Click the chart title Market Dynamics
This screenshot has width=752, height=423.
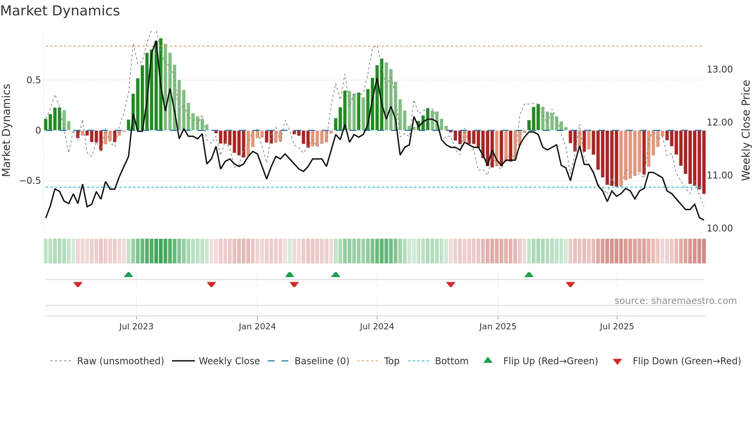(60, 11)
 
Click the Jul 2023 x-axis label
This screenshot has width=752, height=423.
(136, 327)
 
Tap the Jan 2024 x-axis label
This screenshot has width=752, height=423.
(257, 327)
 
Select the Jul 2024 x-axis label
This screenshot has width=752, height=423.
(377, 327)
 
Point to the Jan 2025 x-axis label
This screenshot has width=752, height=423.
(498, 327)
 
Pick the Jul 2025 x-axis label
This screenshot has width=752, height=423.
(617, 327)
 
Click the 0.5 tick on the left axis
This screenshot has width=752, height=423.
(33, 80)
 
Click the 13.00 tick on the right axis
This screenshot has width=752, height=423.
(720, 69)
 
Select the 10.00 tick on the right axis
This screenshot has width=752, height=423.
(720, 228)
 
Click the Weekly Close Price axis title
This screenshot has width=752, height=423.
(745, 131)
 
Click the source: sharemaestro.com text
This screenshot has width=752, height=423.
(675, 301)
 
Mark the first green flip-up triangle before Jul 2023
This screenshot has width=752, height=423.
(129, 274)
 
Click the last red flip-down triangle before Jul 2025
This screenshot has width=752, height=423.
(570, 284)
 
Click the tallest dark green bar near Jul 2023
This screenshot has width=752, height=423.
(161, 84)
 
